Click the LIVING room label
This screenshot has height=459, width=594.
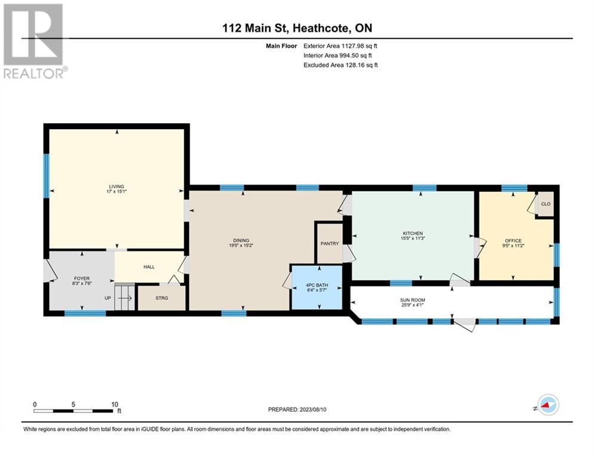point(116,186)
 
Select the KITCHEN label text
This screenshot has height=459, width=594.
point(413,234)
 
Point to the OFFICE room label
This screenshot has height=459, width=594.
point(513,241)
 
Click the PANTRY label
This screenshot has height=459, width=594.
point(329,243)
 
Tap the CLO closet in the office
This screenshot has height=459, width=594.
point(545,204)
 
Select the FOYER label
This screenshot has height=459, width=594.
point(81,279)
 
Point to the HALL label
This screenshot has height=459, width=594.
point(149,268)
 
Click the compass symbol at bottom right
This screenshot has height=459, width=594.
point(547,405)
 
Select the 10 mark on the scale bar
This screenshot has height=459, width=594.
point(115,404)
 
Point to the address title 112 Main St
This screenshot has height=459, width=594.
point(297,28)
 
